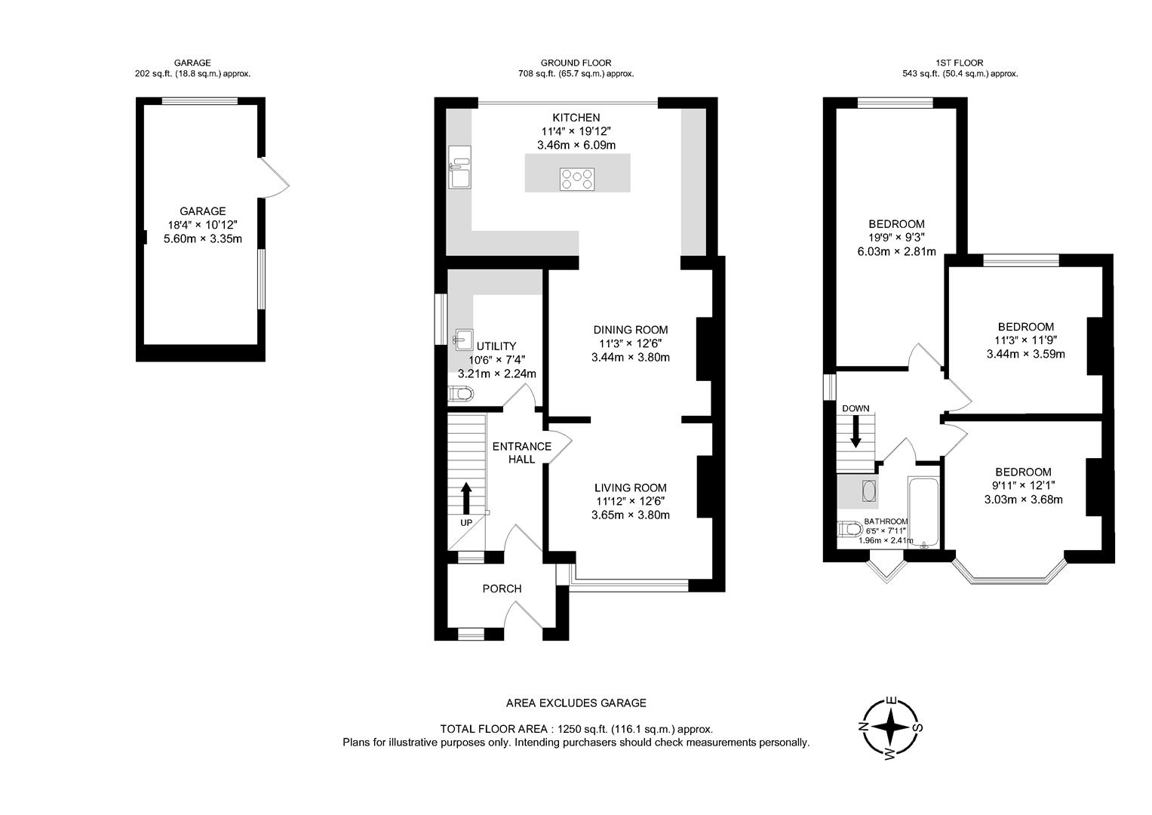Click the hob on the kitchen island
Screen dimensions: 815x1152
[577, 179]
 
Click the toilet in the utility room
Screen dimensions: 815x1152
[460, 394]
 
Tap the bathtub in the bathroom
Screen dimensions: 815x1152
[925, 511]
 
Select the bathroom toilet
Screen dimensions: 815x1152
[847, 530]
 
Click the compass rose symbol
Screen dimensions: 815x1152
[891, 728]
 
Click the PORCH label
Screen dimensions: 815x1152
[502, 589]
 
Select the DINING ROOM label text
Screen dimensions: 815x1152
[630, 330]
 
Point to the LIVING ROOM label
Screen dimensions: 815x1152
[630, 487]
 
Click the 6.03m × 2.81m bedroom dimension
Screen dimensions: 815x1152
[896, 251]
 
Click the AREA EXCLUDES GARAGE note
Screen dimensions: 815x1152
[576, 703]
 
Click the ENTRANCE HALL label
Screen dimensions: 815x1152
[521, 453]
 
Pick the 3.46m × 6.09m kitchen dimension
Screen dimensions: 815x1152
[576, 145]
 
